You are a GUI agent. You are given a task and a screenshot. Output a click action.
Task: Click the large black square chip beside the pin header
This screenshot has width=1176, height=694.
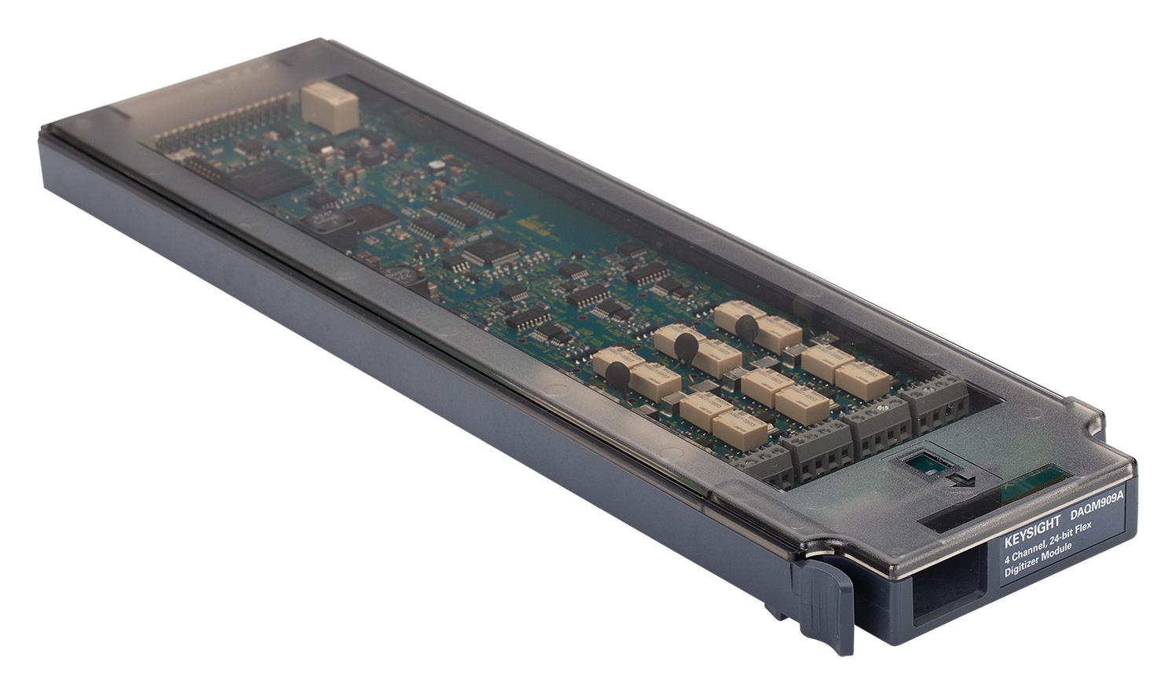[268, 180]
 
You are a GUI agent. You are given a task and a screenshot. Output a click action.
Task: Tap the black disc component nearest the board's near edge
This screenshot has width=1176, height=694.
[617, 378]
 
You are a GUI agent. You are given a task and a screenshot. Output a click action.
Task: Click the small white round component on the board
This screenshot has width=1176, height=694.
[434, 165]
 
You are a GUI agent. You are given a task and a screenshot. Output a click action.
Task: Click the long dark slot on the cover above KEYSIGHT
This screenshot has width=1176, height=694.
[954, 522]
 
